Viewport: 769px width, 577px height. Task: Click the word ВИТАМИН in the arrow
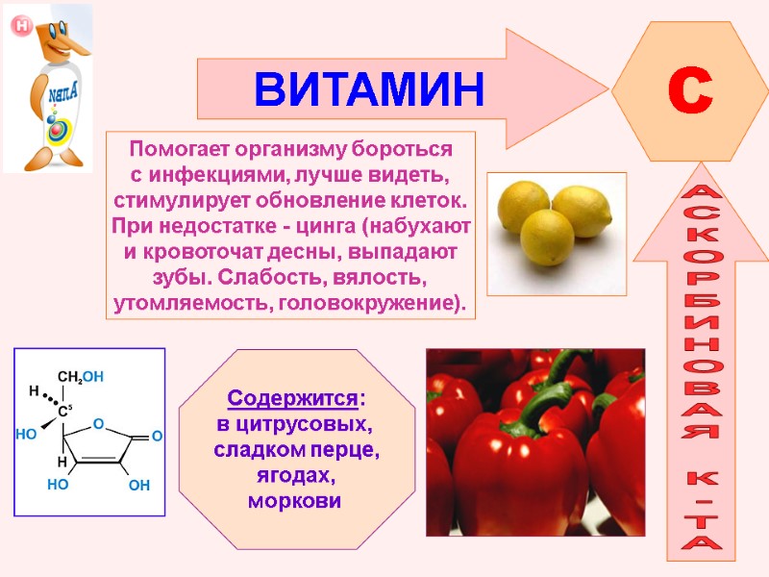369,89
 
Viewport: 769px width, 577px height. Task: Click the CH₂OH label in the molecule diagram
81,376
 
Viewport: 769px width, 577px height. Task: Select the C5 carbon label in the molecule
64,412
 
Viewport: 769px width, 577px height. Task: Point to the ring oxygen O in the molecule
97,424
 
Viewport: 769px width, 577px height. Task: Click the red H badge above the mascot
20,26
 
